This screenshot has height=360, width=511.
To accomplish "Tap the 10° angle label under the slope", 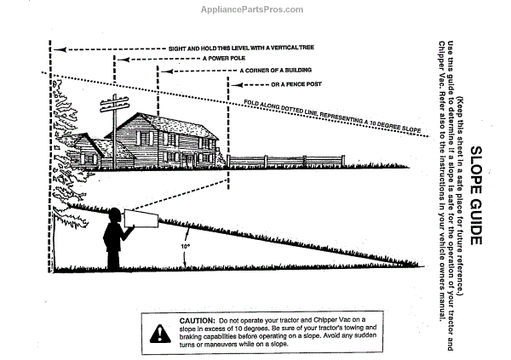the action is (x=185, y=245).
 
